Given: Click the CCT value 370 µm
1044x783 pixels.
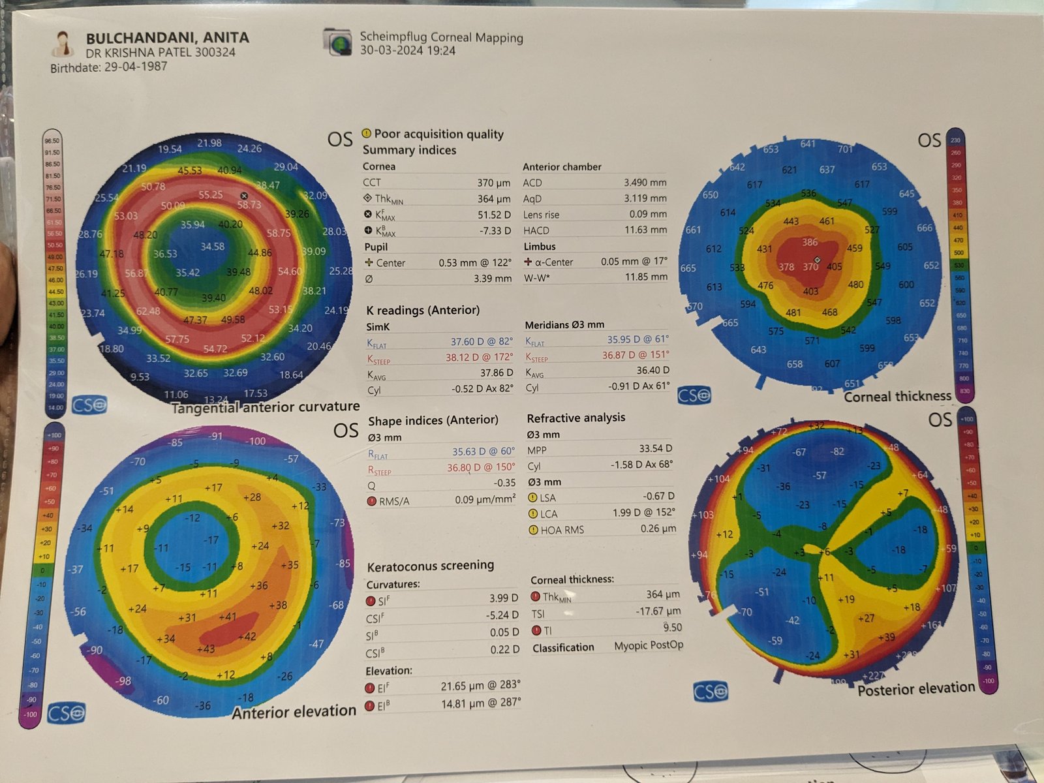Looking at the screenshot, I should pos(493,183).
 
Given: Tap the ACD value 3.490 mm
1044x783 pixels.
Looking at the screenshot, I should pos(645,183).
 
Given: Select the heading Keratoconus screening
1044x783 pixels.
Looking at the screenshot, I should pos(430,566).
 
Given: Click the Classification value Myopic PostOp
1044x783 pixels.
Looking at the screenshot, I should pos(649,645).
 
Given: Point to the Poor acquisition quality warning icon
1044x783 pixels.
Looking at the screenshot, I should pos(367,134).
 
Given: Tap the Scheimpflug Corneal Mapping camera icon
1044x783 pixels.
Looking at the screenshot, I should pos(337,41).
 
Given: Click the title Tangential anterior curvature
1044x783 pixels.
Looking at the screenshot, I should pos(266,407).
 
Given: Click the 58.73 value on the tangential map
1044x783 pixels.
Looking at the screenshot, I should pos(249,205).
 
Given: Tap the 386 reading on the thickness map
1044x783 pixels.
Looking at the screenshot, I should pos(810,242).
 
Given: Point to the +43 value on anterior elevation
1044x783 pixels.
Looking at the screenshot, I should pos(206,649).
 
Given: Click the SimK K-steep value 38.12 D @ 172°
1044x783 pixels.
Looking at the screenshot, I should pos(480,358).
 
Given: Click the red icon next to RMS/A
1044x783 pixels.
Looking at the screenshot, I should pos(371,501).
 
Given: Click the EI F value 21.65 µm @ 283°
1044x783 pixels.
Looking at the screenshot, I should pos(480,686).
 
